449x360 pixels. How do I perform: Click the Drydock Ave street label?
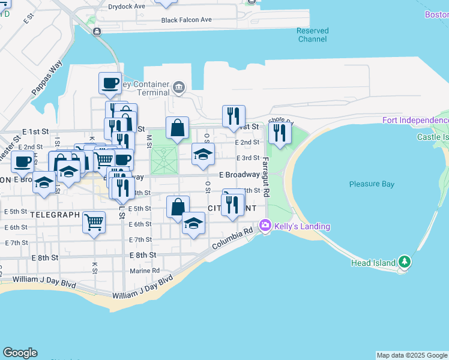127,7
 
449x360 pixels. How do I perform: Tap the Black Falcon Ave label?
186,20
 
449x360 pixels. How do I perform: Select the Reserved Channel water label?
312,35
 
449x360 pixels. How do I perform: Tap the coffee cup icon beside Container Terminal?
110,83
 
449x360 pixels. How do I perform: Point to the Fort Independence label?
415,121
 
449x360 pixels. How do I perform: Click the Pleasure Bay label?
372,184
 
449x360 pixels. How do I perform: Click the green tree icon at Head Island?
405,262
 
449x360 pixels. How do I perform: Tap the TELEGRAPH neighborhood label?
55,214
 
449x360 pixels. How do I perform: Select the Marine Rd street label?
145,271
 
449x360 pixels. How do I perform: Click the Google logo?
20,353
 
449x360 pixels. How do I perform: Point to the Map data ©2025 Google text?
411,355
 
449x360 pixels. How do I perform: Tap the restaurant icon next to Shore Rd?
280,133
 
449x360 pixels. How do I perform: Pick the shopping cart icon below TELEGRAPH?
94,222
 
